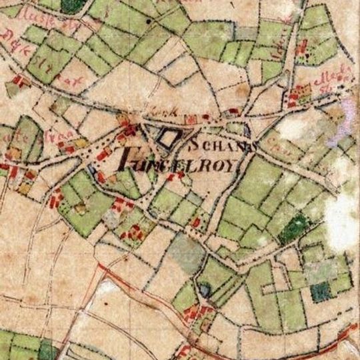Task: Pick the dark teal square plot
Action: tap(321, 291)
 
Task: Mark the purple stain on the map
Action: tap(340, 123)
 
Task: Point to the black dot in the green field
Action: tap(147, 22)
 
